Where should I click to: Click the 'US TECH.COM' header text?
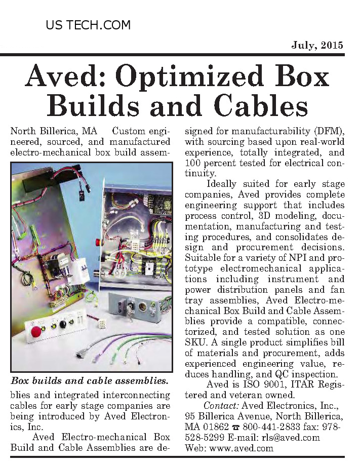pos(88,25)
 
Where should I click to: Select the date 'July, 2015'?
pos(317,45)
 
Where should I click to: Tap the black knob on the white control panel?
pos(63,324)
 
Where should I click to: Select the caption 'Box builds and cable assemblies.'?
pos(90,380)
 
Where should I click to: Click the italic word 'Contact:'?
pos(221,405)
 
